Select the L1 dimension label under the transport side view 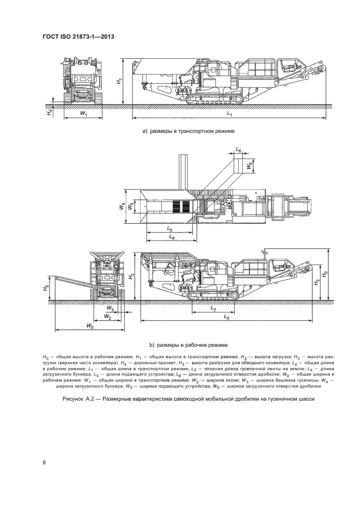coord(229,115)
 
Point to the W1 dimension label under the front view coord(83,114)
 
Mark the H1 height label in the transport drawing coord(119,81)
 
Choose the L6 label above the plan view coord(239,149)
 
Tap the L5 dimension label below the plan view coord(169,229)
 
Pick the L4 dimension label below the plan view coord(172,238)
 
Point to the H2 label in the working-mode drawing coord(131,276)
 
